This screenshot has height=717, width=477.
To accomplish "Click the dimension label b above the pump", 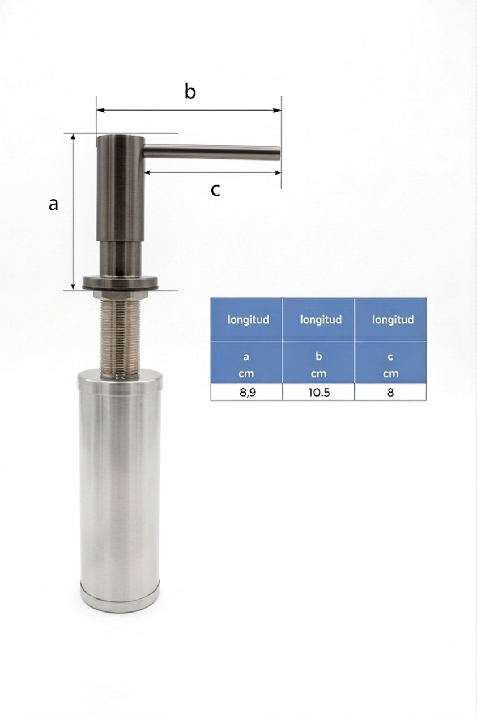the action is tap(190, 91).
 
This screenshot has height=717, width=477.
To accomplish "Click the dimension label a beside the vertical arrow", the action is tap(53, 204).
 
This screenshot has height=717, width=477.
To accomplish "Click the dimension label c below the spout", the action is tap(215, 190).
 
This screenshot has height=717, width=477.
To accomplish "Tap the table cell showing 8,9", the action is tap(246, 392).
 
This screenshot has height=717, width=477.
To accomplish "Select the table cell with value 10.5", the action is tap(319, 392).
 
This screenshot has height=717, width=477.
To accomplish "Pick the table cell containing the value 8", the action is tap(391, 392).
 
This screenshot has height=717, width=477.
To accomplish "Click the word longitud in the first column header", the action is tap(248, 319).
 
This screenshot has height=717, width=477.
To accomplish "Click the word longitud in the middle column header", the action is tap(321, 319).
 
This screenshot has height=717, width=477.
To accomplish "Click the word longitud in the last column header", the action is tap(393, 319).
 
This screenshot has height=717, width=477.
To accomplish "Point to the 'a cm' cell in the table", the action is tap(246, 362).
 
